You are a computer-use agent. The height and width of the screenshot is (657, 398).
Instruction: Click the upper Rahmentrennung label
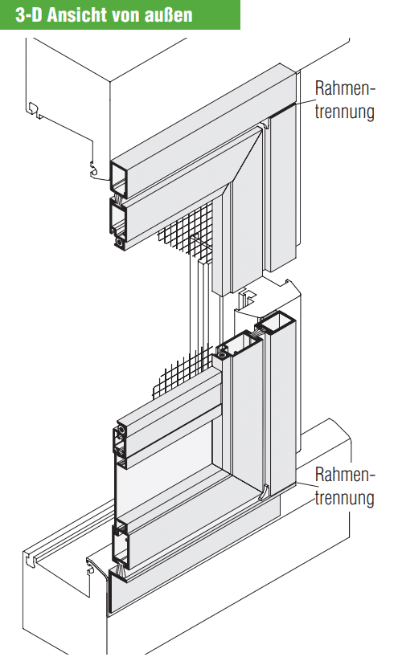tap(344, 100)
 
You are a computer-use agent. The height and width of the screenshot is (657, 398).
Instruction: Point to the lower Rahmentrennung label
tap(344, 486)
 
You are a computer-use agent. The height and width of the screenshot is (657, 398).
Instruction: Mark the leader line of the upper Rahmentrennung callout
tap(304, 101)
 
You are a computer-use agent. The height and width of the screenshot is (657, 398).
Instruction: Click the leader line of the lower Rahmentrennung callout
tap(304, 484)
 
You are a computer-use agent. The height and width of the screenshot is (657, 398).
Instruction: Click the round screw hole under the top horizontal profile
tap(120, 243)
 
